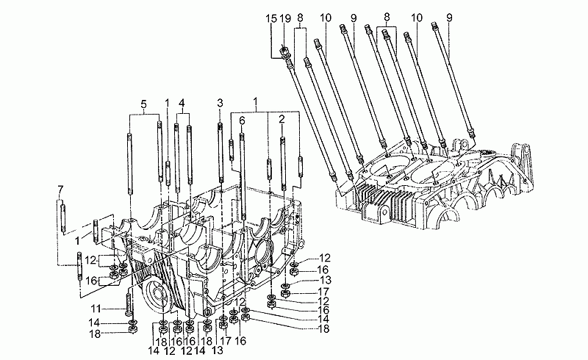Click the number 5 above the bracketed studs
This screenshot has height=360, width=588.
click(x=144, y=104)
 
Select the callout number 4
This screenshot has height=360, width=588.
click(x=182, y=104)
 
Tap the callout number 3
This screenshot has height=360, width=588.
click(x=219, y=104)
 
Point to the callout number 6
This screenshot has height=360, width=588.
click(x=242, y=120)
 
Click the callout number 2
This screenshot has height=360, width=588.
click(x=282, y=119)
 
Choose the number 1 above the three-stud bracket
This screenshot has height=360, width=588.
click(x=256, y=99)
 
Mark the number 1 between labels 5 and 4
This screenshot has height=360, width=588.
click(x=168, y=104)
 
